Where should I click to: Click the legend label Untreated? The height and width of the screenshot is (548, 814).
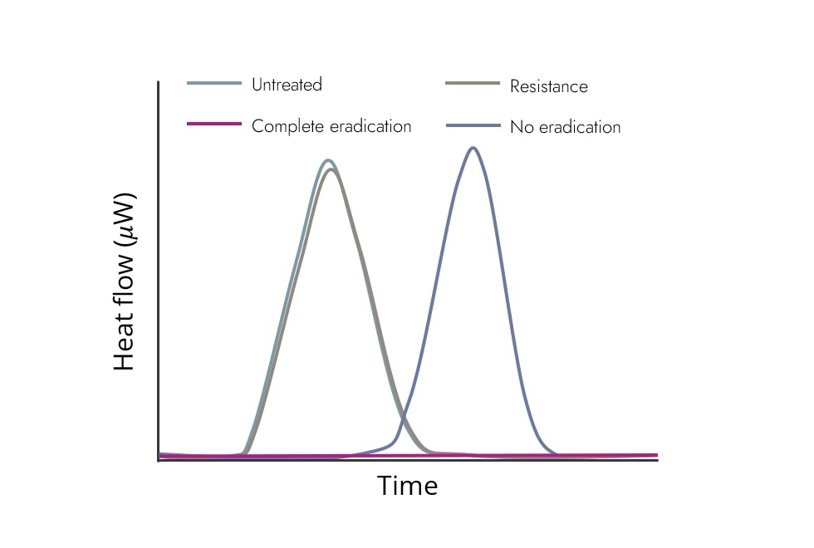pyautogui.click(x=287, y=85)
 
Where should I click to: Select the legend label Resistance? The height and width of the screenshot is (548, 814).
pyautogui.click(x=548, y=86)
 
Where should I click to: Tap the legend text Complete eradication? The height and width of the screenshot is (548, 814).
pyautogui.click(x=331, y=126)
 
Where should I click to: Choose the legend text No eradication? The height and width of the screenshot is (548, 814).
pyautogui.click(x=565, y=127)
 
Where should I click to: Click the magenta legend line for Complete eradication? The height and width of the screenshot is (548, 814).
pyautogui.click(x=214, y=124)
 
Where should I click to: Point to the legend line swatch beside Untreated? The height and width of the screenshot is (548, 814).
pyautogui.click(x=214, y=83)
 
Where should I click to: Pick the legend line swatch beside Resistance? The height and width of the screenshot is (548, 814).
pyautogui.click(x=473, y=83)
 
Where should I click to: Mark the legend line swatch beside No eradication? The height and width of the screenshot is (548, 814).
pyautogui.click(x=473, y=125)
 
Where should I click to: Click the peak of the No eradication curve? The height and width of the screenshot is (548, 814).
pyautogui.click(x=473, y=148)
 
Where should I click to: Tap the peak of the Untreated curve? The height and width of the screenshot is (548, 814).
pyautogui.click(x=329, y=160)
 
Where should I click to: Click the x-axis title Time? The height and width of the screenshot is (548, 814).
pyautogui.click(x=407, y=486)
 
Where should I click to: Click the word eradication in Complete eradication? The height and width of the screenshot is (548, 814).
pyautogui.click(x=370, y=126)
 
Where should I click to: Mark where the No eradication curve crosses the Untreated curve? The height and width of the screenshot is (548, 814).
pyautogui.click(x=402, y=419)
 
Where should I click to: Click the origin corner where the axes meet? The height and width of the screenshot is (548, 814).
pyautogui.click(x=159, y=459)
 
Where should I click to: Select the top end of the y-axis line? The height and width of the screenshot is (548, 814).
pyautogui.click(x=159, y=82)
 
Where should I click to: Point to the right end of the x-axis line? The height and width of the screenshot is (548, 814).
pyautogui.click(x=657, y=459)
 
